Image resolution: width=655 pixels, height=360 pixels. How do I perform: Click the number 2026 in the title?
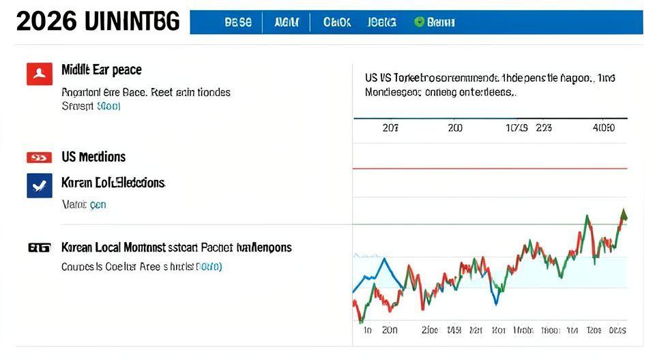click(47, 22)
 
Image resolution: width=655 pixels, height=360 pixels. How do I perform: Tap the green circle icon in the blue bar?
click(419, 22)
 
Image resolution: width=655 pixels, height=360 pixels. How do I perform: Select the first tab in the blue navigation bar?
click(237, 22)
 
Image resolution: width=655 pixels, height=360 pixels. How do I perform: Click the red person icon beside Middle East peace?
click(39, 73)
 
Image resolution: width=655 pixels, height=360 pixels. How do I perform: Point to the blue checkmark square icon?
click(39, 185)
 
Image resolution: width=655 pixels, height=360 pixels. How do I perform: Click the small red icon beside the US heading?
click(39, 157)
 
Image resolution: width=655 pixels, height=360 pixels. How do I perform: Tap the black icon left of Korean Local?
click(39, 247)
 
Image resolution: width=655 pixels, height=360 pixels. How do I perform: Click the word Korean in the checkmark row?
click(76, 183)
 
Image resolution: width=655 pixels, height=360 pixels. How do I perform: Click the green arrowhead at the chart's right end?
click(623, 215)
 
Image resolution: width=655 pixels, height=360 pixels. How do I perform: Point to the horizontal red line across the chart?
click(489, 168)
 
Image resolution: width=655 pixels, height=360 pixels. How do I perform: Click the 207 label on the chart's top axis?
click(390, 127)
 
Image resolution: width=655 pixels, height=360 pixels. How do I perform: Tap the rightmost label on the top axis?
click(604, 127)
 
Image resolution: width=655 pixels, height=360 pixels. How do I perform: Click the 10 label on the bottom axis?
click(366, 330)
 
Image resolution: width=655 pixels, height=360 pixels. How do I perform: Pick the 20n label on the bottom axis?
click(390, 330)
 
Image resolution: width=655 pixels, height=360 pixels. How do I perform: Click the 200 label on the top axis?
click(455, 127)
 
